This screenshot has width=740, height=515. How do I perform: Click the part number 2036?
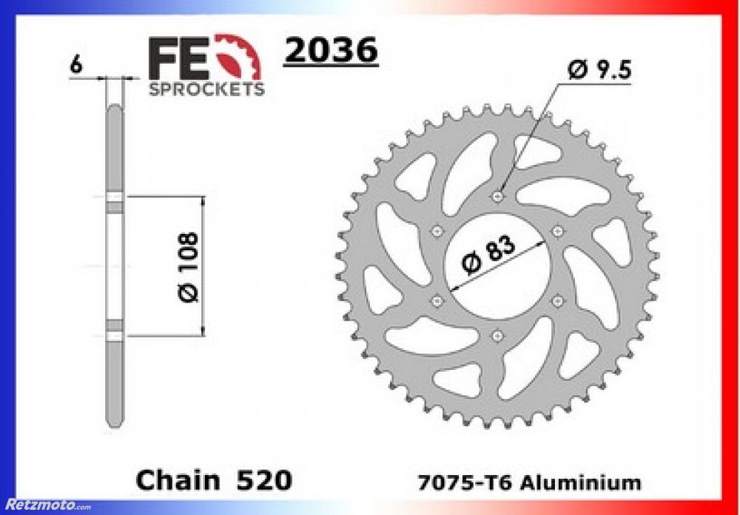[331, 50]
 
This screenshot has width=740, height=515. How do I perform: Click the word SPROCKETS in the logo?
[206, 89]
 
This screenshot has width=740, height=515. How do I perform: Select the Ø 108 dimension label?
[188, 266]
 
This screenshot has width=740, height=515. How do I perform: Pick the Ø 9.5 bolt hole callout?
[599, 70]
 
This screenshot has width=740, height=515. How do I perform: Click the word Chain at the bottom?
[178, 480]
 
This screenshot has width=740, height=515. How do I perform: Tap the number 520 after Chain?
[264, 480]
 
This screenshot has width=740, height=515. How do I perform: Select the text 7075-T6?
[464, 482]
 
